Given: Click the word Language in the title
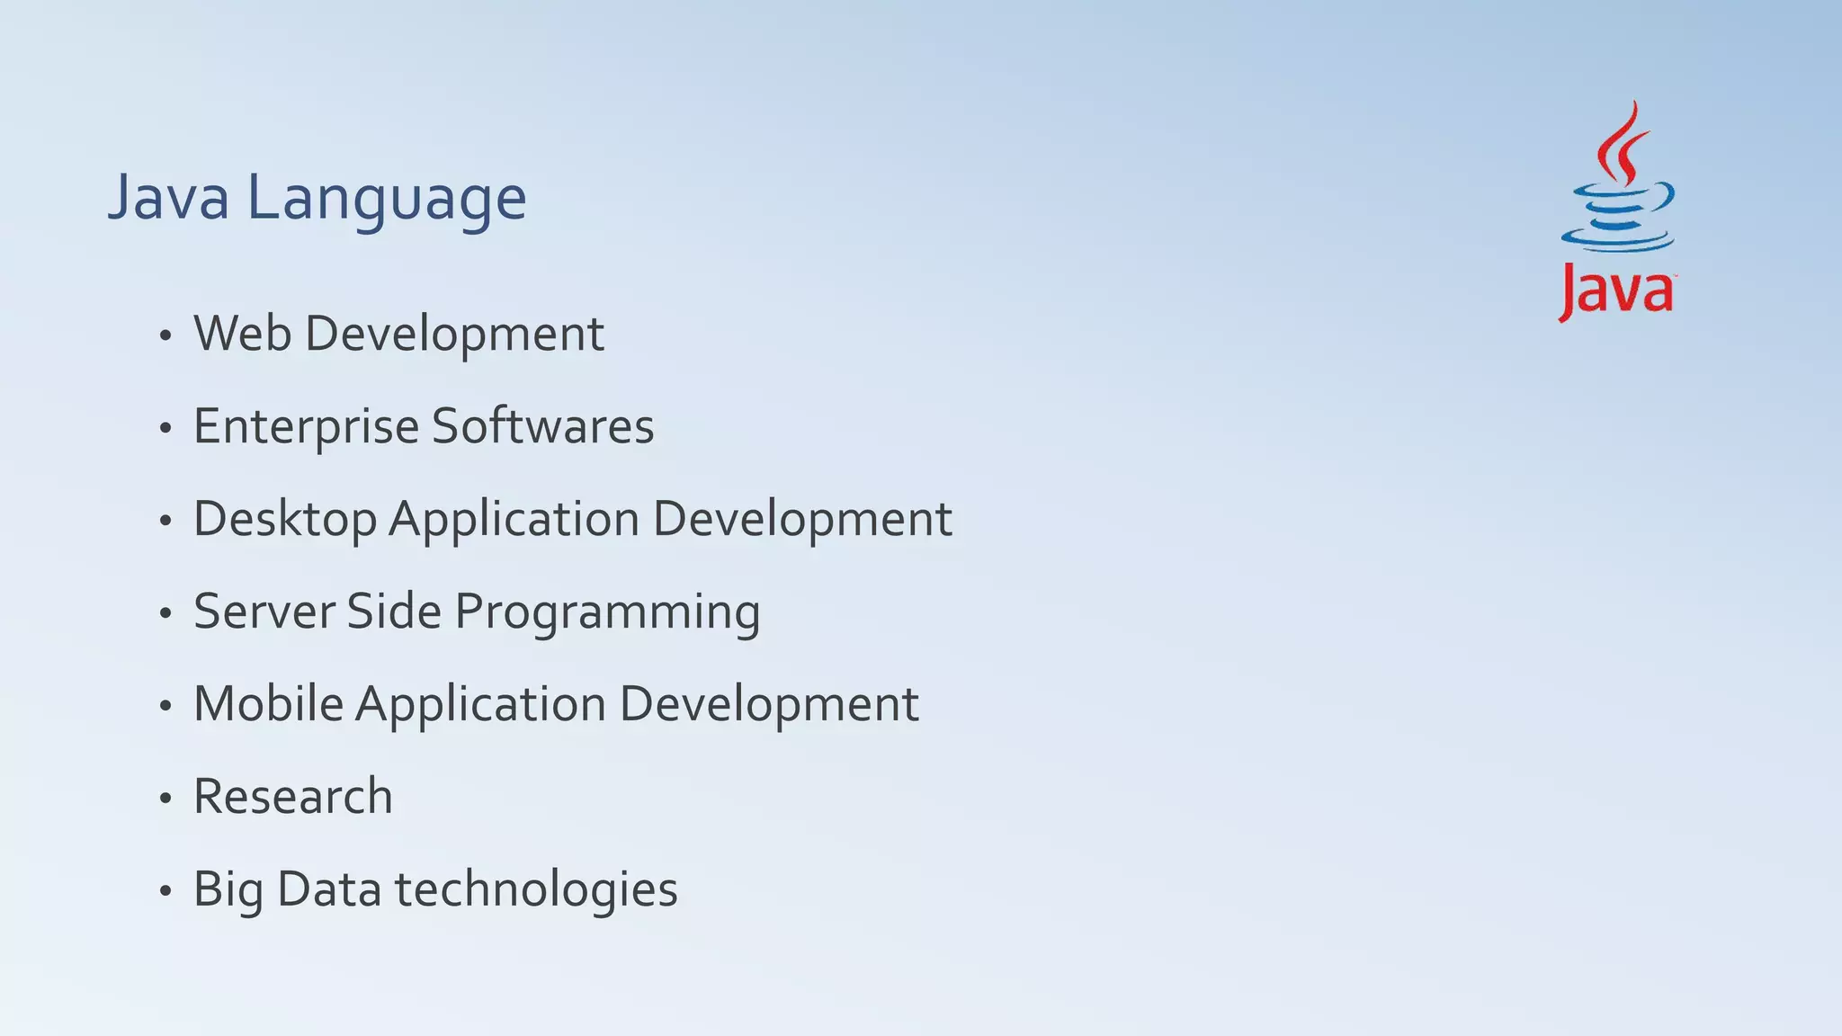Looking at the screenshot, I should point(387,200).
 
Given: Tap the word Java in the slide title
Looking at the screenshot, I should point(168,198).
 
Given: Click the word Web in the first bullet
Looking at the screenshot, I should point(242,334).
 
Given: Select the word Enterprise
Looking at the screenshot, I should point(306,426).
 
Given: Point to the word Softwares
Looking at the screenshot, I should point(542,426).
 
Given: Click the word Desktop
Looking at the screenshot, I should point(284,520).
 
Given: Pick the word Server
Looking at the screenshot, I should point(264,612).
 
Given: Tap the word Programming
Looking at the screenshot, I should point(607,613).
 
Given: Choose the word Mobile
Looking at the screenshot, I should point(268,704).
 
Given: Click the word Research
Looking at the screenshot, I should point(293,797).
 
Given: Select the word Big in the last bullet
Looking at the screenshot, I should point(228,890).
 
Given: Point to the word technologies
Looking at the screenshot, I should point(536,890).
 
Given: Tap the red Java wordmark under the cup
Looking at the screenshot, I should point(1616,291).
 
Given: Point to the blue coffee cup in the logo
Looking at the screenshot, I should point(1617,217).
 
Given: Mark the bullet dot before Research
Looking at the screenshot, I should point(165,799).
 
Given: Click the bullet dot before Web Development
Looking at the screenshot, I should point(165,336).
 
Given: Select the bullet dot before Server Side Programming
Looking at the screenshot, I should point(165,614).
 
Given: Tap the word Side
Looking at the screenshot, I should point(394,612).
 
